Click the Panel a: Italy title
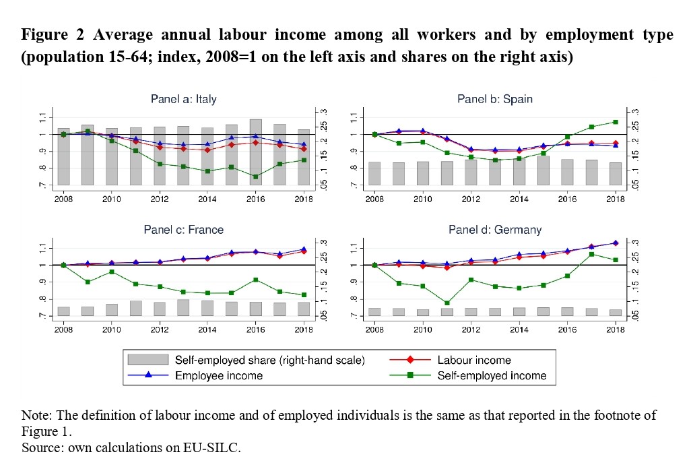coord(184,99)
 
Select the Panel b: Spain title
coord(495,99)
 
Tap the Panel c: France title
coord(184,230)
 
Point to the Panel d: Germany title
coord(495,230)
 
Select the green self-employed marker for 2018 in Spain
coord(616,122)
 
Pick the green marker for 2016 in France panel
coord(256,280)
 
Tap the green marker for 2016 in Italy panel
coord(256,177)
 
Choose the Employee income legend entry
coord(218,375)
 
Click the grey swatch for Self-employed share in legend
coord(147,360)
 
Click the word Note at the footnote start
coord(35,415)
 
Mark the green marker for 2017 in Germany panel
coord(591,254)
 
